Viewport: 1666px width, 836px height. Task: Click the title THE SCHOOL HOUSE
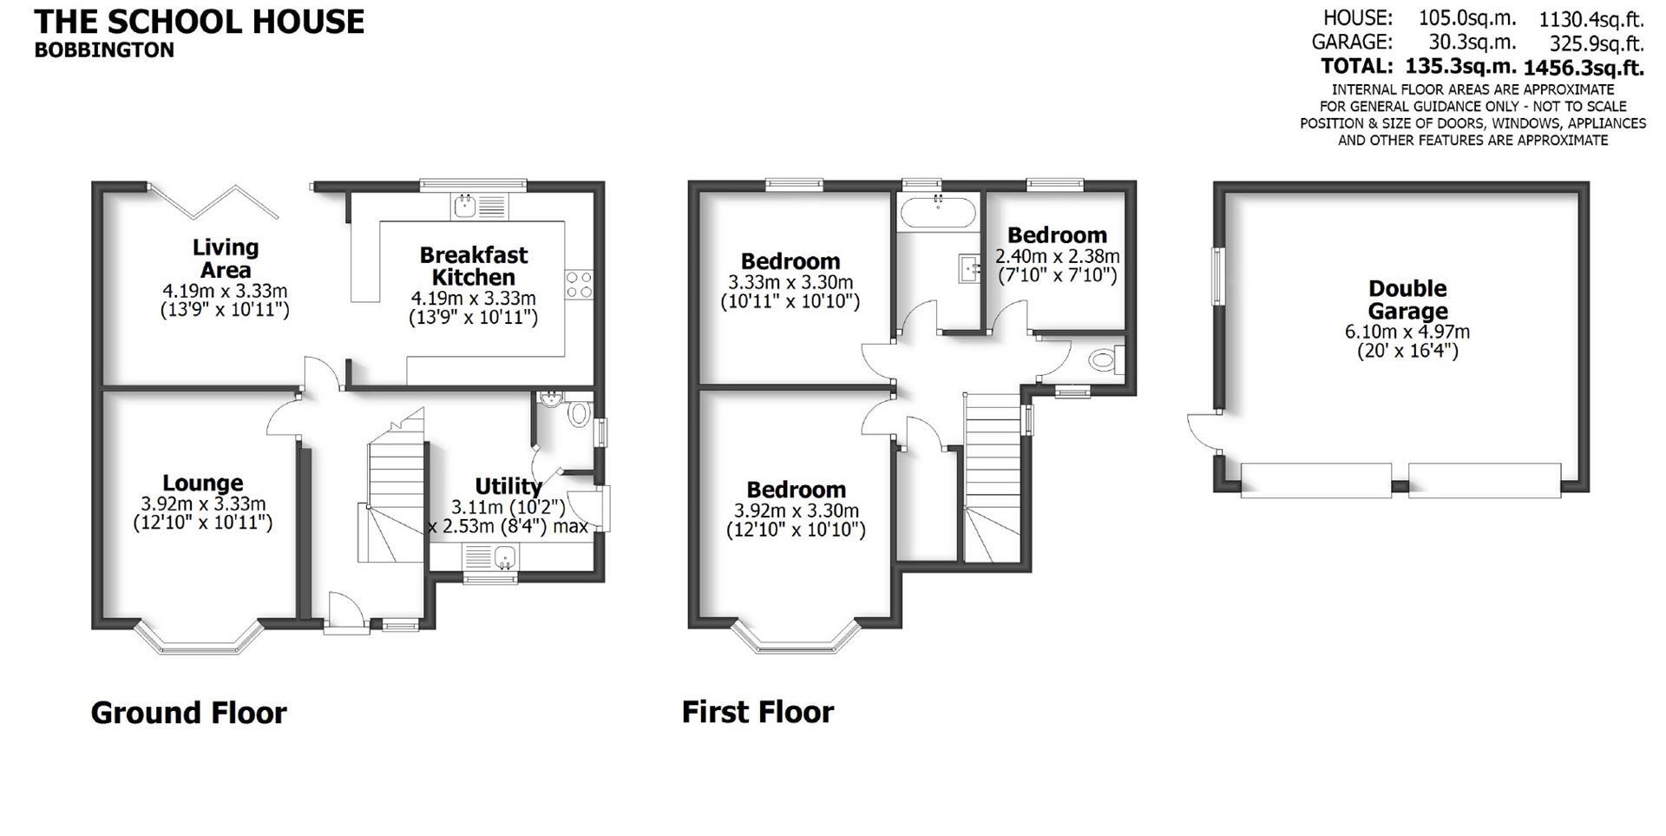(199, 22)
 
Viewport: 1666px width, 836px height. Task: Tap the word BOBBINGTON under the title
(104, 50)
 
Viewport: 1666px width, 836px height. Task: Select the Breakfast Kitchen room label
(473, 266)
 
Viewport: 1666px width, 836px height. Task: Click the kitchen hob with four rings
(580, 284)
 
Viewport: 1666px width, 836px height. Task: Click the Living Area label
(225, 258)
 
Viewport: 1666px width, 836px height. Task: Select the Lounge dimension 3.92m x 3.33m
(203, 504)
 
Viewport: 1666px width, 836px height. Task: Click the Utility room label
(508, 486)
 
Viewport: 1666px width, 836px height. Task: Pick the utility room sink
(490, 556)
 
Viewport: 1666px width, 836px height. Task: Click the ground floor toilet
(578, 414)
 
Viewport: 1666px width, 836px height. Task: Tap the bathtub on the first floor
(939, 211)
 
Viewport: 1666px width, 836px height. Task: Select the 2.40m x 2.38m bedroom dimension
(1057, 257)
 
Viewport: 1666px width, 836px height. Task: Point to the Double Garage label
(1407, 300)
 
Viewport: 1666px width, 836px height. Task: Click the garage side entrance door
(1202, 432)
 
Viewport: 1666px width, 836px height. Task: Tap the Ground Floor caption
(188, 713)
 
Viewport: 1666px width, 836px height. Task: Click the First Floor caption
(758, 712)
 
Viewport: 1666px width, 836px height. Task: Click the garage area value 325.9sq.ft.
(1597, 43)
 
